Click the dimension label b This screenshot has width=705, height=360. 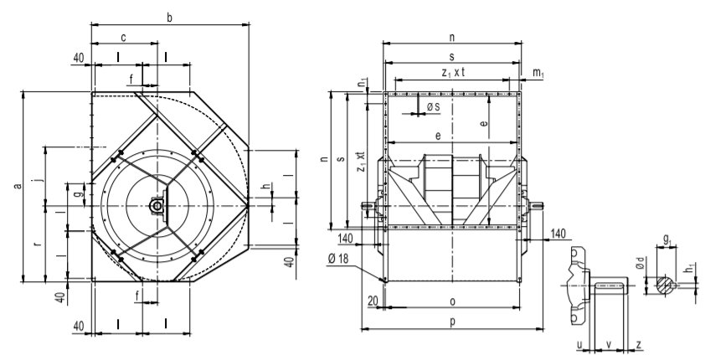[x=169, y=18]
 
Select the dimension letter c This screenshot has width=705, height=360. [x=123, y=38]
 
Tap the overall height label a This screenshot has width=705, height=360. [x=18, y=186]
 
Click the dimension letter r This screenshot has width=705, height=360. [x=39, y=244]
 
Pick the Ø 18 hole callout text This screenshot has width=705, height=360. [x=338, y=258]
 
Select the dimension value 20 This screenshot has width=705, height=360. [x=373, y=301]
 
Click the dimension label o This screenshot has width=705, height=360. [x=452, y=301]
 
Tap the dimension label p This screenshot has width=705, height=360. [x=452, y=321]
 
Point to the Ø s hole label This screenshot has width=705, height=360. [x=433, y=107]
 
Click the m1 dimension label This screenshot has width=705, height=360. [x=538, y=73]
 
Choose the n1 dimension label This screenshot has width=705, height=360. [x=363, y=83]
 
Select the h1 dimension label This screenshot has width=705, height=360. [x=690, y=269]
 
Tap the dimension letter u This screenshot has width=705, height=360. [x=580, y=345]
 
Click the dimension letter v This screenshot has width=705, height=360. [x=609, y=344]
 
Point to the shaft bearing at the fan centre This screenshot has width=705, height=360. [x=157, y=206]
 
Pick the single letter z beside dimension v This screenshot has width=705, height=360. [x=639, y=345]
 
